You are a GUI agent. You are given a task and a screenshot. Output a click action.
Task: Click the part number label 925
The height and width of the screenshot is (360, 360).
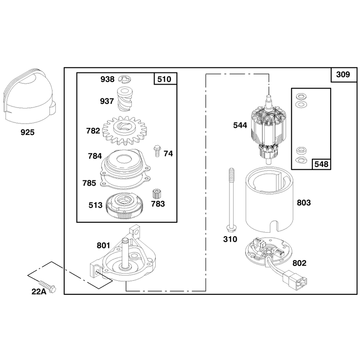(27, 132)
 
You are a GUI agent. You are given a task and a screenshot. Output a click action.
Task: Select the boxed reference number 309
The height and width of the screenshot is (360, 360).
(343, 74)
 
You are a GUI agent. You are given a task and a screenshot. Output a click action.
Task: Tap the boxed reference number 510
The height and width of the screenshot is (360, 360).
(164, 79)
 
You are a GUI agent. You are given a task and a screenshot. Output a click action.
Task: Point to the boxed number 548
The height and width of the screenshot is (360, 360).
(321, 164)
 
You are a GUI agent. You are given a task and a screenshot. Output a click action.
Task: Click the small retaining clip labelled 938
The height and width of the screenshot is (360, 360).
(125, 79)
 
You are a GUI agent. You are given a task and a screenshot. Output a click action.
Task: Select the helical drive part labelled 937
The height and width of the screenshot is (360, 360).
(125, 99)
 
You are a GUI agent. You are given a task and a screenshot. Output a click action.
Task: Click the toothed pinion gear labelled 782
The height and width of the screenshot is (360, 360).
(125, 130)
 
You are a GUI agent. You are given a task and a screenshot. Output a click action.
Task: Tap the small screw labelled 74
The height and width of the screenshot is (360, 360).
(157, 151)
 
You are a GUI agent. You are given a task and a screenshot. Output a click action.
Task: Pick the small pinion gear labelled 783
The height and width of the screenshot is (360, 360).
(156, 194)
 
